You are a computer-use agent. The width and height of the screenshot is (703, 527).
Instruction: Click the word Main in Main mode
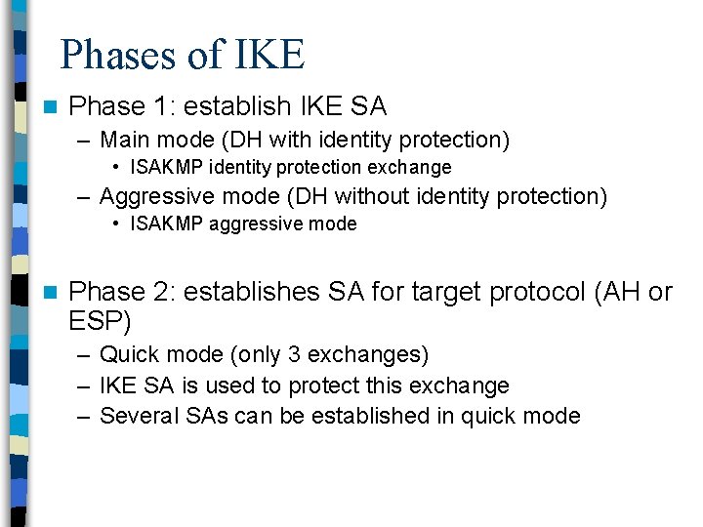123,141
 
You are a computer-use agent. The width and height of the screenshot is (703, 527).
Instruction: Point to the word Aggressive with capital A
154,196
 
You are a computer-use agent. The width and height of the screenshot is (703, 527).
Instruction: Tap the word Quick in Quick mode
127,354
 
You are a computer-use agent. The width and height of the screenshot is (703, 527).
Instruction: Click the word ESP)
101,320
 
